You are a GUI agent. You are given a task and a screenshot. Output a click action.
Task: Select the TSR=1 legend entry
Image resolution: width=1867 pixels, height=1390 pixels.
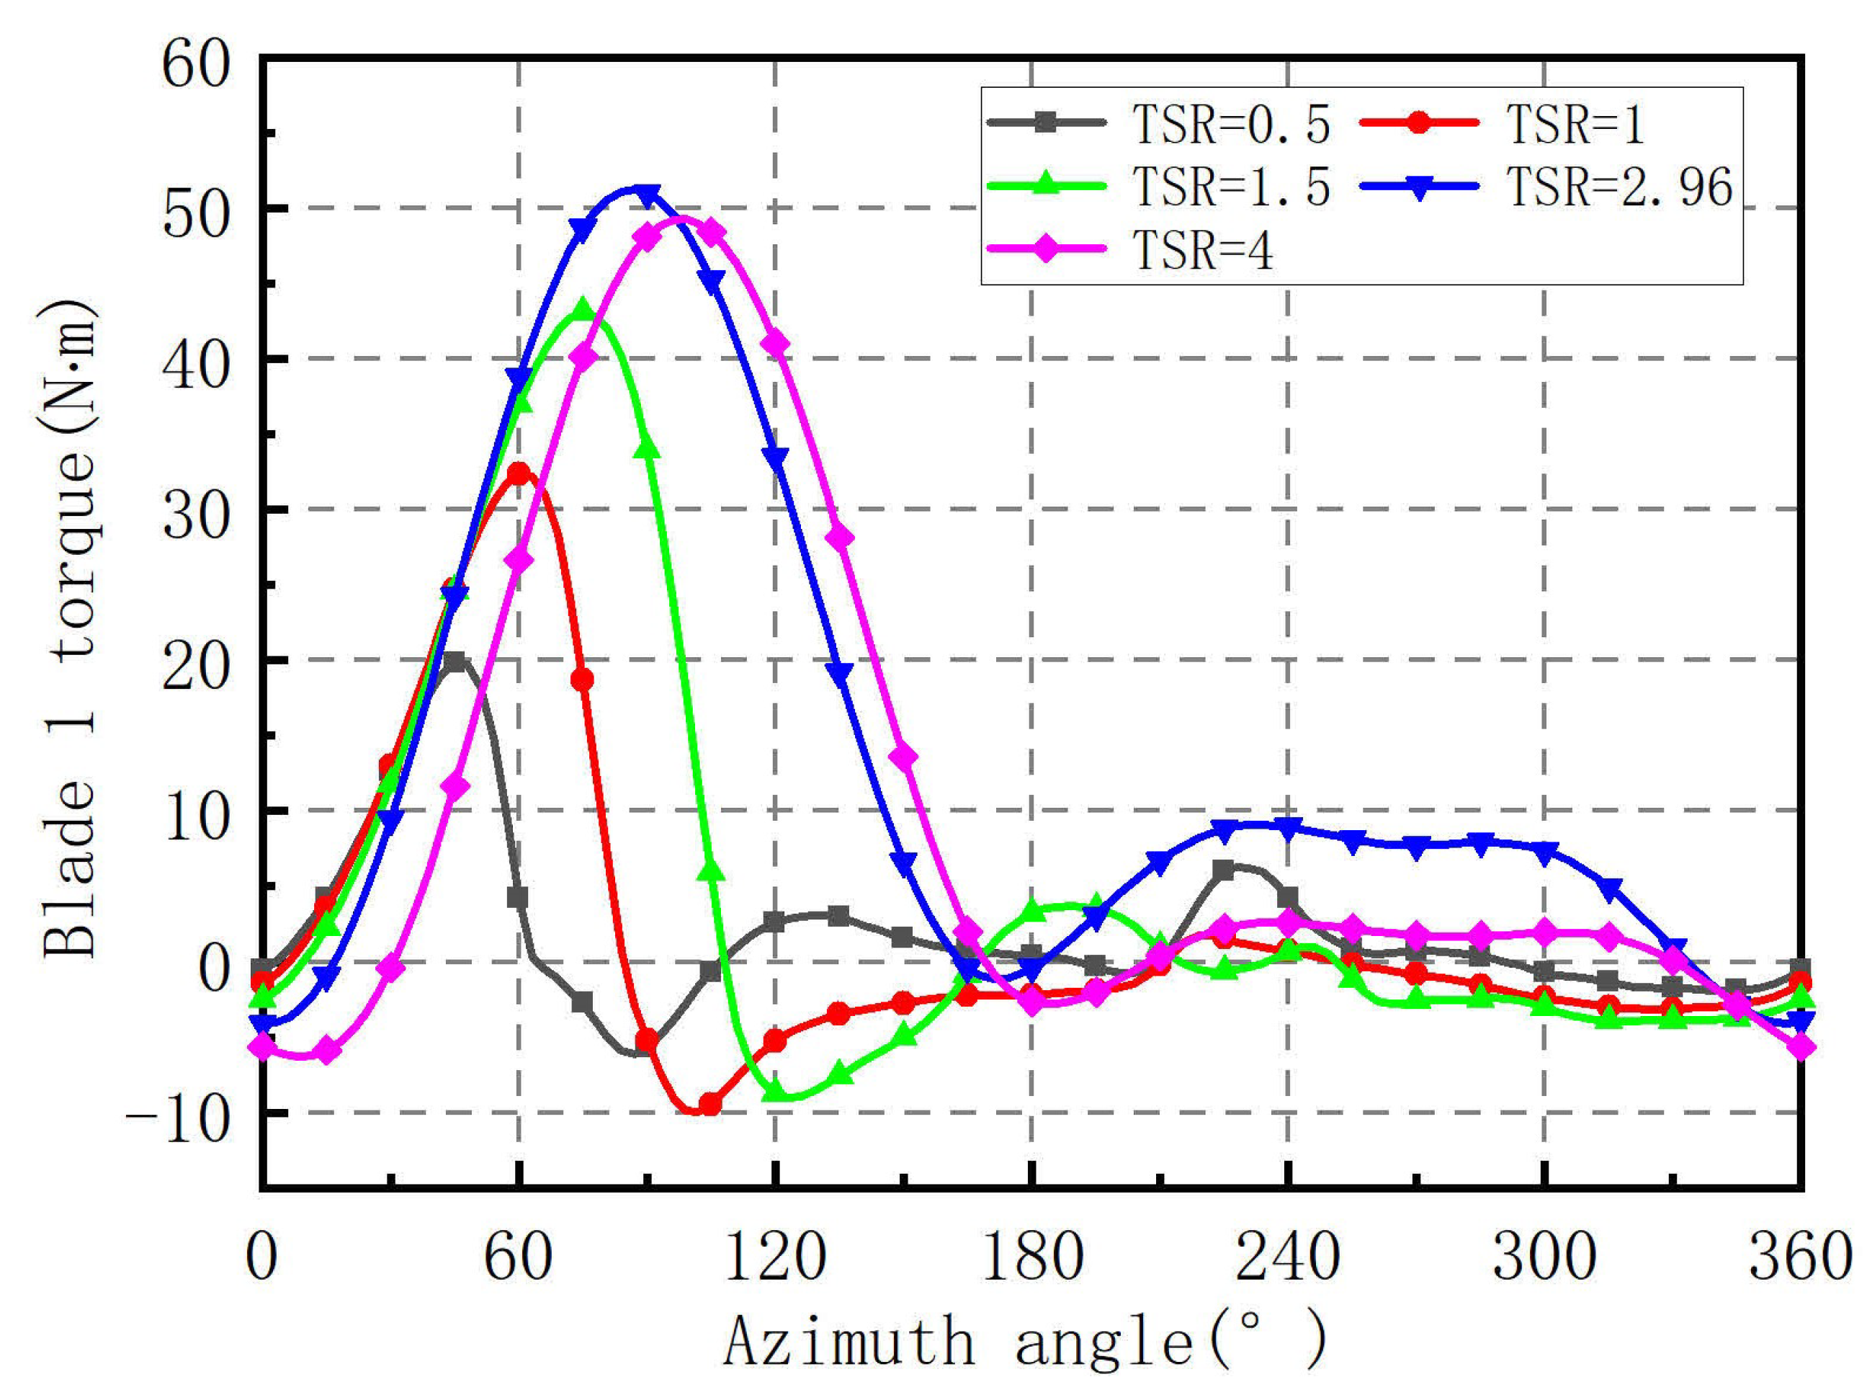click(1501, 124)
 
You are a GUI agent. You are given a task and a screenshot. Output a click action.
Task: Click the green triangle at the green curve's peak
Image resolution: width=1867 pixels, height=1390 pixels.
click(583, 310)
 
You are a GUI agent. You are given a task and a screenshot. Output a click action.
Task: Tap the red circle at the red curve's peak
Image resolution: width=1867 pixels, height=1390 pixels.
click(519, 473)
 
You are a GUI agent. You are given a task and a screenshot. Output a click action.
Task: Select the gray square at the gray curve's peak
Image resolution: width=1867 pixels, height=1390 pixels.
click(454, 662)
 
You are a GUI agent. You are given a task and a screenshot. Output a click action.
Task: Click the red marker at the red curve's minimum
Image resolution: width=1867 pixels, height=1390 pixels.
click(709, 1104)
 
